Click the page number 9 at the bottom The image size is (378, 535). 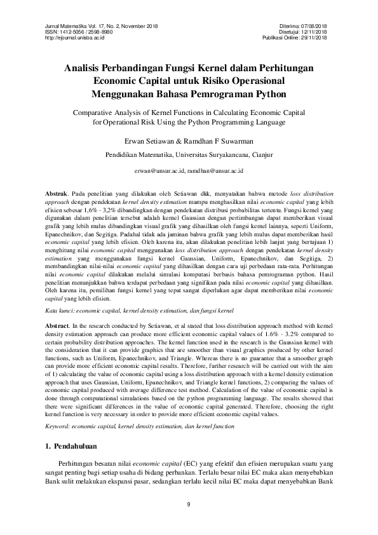point(189,505)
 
